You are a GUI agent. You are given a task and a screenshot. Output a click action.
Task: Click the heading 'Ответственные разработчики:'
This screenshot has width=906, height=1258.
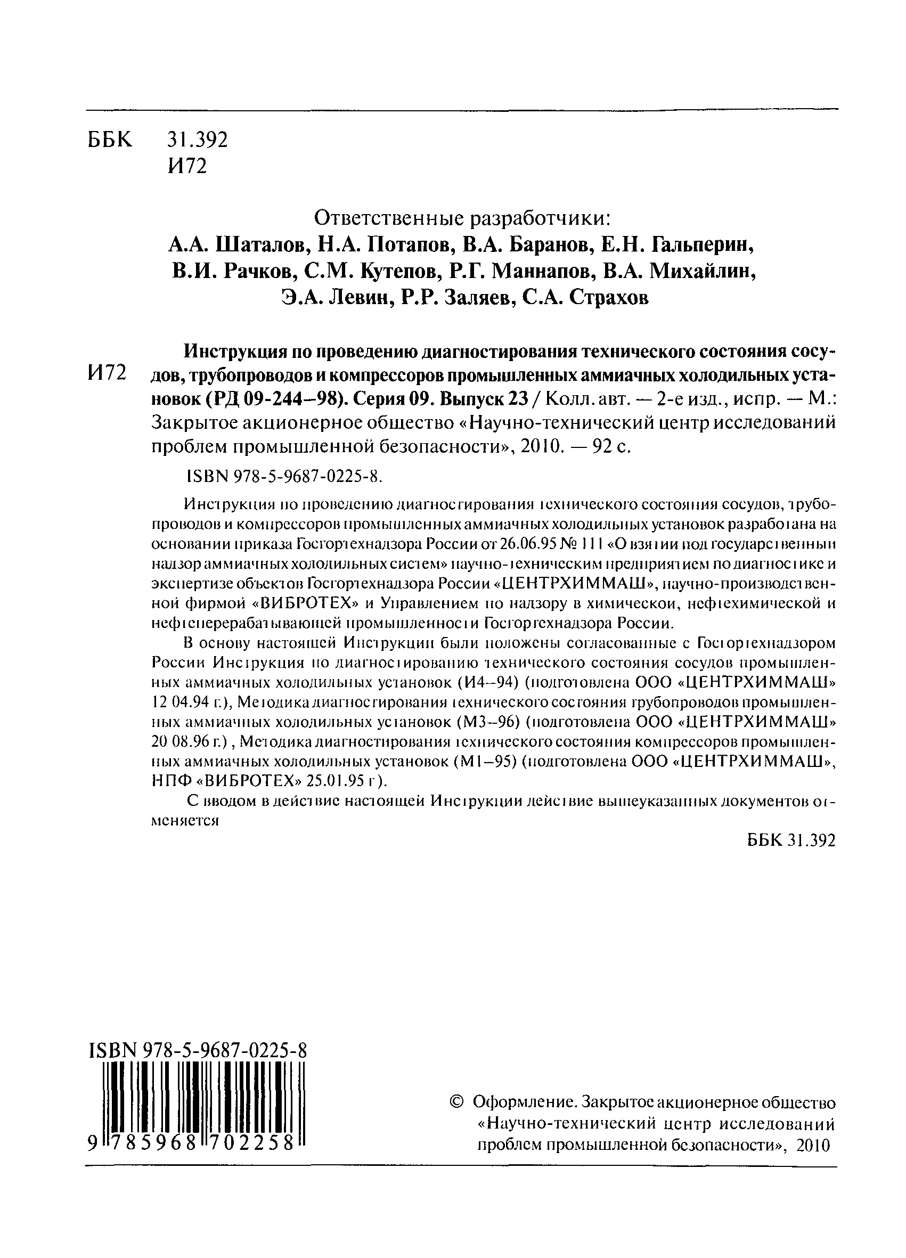[462, 218]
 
